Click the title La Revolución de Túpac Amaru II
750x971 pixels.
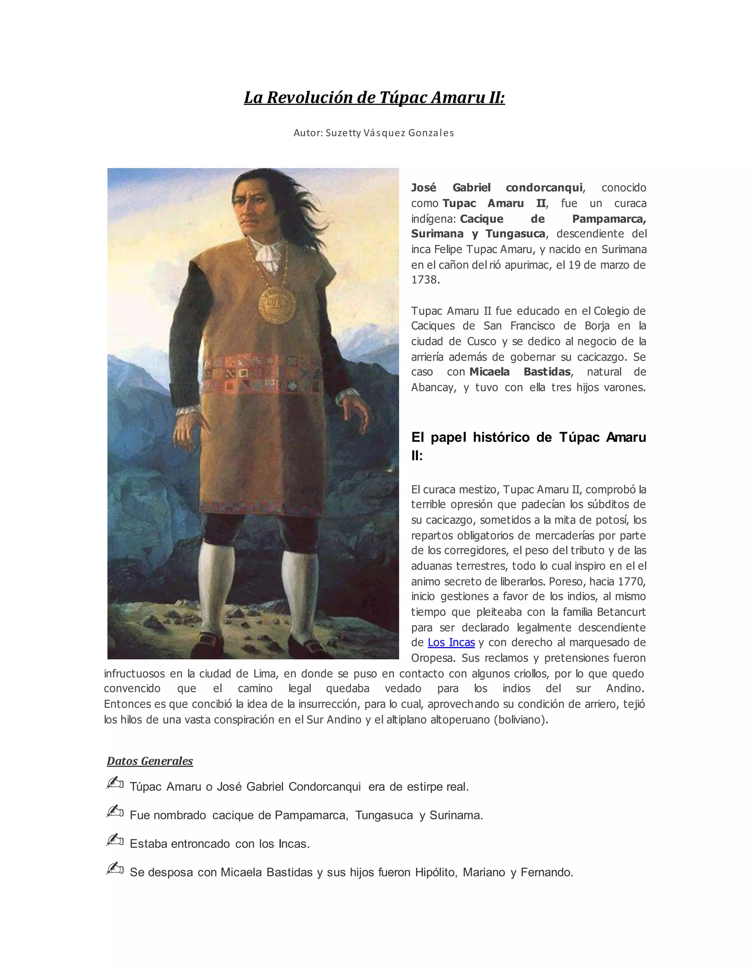374,97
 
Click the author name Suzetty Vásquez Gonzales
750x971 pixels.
390,133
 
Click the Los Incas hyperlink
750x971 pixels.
451,642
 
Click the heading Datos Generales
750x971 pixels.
150,761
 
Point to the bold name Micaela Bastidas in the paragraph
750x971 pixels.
520,372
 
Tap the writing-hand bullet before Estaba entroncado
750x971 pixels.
115,840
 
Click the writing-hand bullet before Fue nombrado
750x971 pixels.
115,811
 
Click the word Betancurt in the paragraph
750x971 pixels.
621,612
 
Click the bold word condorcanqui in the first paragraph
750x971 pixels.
544,188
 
